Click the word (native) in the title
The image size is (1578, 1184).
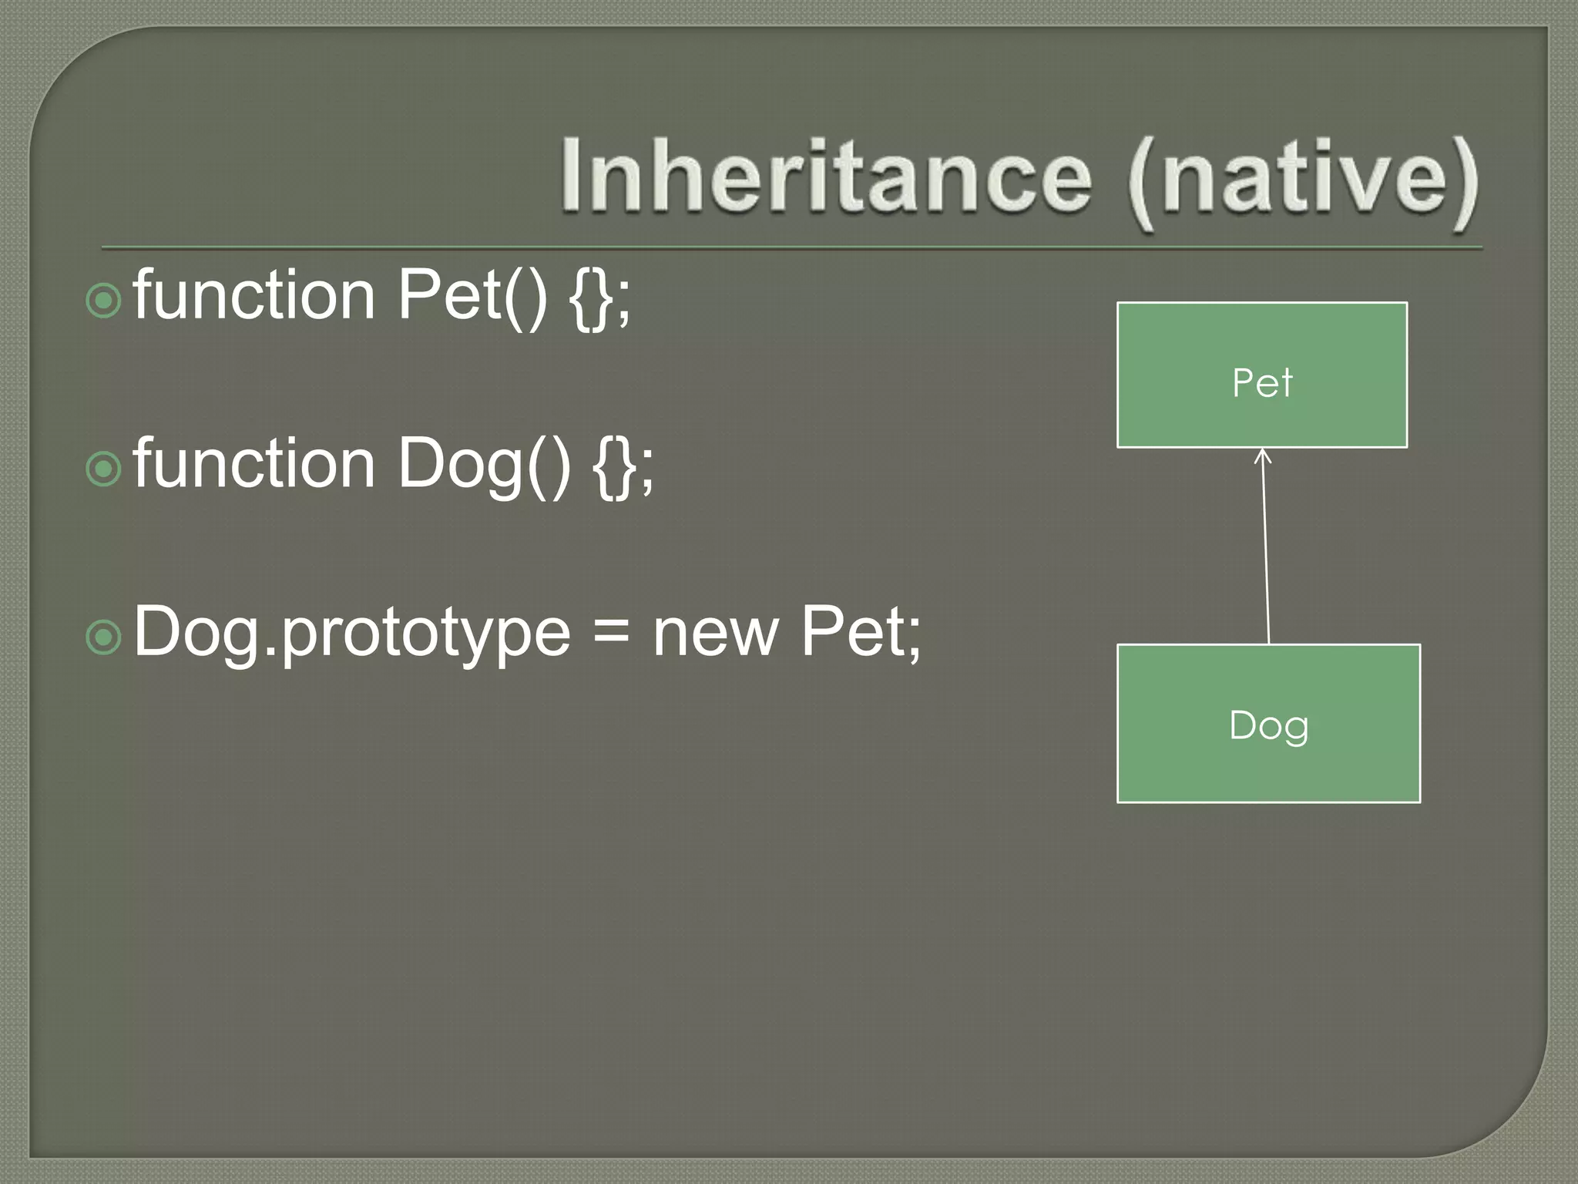click(x=1302, y=181)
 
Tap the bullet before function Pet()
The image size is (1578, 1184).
click(x=104, y=301)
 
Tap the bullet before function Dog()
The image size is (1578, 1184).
click(x=104, y=469)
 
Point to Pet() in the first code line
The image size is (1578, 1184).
click(x=472, y=297)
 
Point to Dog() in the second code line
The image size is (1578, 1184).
click(x=484, y=465)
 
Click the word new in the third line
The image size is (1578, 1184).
click(x=715, y=634)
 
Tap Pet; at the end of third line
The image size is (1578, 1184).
click(x=860, y=632)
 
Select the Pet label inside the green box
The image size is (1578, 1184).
click(x=1261, y=382)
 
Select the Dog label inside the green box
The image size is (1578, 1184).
click(x=1268, y=726)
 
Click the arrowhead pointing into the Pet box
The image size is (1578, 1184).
click(x=1262, y=456)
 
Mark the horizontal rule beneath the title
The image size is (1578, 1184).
click(x=792, y=248)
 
